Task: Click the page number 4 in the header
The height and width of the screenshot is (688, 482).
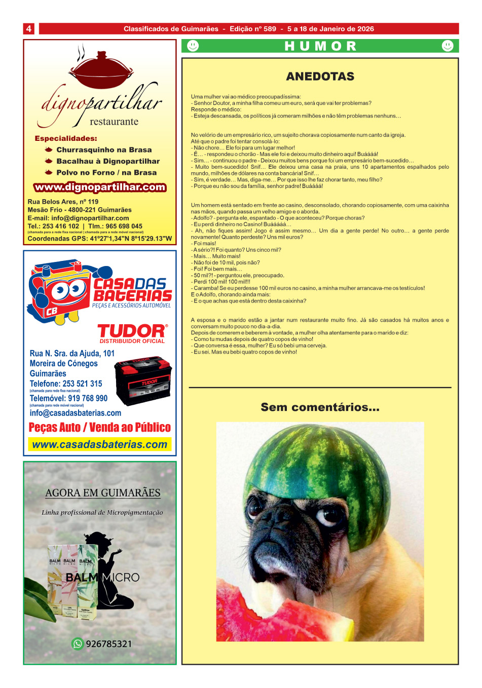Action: [x=29, y=29]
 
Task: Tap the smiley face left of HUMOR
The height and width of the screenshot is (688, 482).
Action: [x=193, y=46]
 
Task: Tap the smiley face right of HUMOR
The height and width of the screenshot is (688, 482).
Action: [x=448, y=46]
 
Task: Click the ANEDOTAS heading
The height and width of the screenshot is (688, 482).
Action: [x=320, y=77]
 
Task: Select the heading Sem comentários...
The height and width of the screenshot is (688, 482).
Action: [x=320, y=407]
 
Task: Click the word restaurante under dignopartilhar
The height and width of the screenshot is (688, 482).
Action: [x=114, y=122]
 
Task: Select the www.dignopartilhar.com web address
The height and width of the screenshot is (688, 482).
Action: [x=100, y=187]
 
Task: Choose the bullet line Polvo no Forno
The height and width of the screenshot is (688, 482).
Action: [x=106, y=173]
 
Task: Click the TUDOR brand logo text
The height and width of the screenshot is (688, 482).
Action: [x=132, y=331]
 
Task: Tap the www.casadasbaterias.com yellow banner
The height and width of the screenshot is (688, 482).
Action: [x=100, y=445]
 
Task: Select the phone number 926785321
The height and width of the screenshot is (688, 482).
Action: [x=109, y=644]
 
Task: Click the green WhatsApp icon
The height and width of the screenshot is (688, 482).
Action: [x=78, y=644]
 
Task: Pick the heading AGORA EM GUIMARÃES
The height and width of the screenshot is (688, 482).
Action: [x=103, y=493]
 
